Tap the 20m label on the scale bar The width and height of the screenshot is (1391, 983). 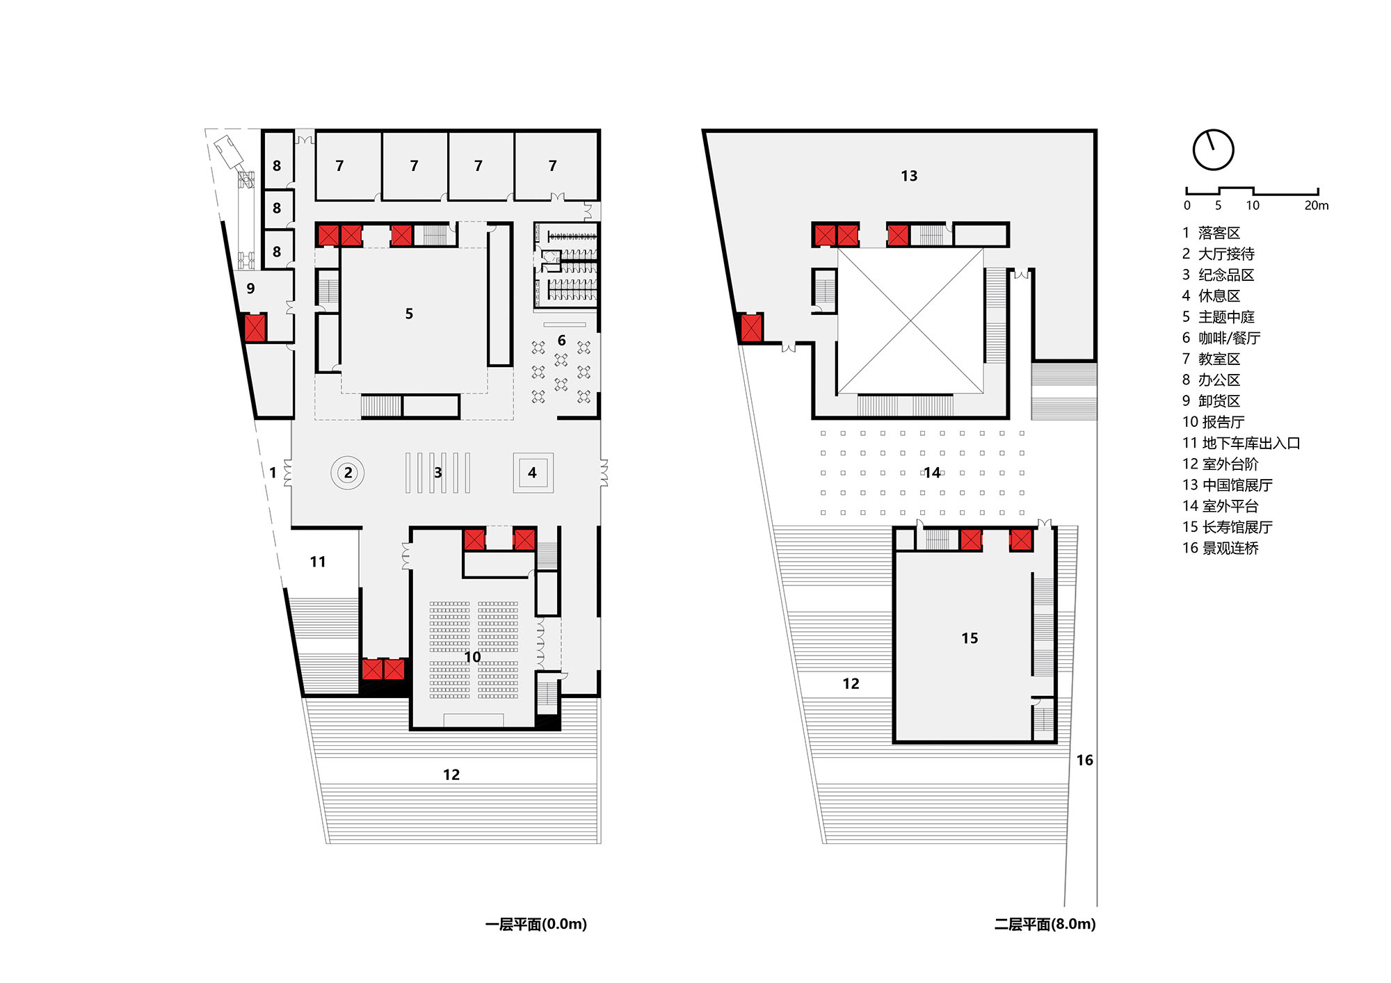coord(1316,206)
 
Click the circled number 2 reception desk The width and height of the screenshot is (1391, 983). coord(348,473)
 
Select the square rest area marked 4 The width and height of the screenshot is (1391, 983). coord(533,473)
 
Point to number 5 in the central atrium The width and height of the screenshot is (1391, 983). coord(409,314)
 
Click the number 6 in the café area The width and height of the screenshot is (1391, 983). coord(561,341)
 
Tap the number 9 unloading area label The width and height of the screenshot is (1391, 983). coord(250,289)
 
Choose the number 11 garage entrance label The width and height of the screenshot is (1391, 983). coord(318,562)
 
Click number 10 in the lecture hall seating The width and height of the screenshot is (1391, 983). coord(472,657)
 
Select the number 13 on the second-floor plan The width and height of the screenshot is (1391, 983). coord(909,176)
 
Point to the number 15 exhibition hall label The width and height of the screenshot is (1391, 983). coord(970,638)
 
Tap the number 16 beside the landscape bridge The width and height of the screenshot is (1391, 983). coord(1085,761)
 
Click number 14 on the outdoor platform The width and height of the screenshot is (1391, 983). coord(932,473)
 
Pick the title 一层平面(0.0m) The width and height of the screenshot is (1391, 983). coord(536,925)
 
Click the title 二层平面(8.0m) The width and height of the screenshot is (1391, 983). coord(1045,925)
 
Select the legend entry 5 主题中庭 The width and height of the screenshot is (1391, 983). coord(1219,317)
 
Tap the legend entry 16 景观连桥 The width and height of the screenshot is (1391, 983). coord(1221,549)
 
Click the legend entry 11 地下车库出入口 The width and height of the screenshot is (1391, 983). coord(1241,444)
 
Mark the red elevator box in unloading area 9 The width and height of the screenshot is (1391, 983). coord(255,328)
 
